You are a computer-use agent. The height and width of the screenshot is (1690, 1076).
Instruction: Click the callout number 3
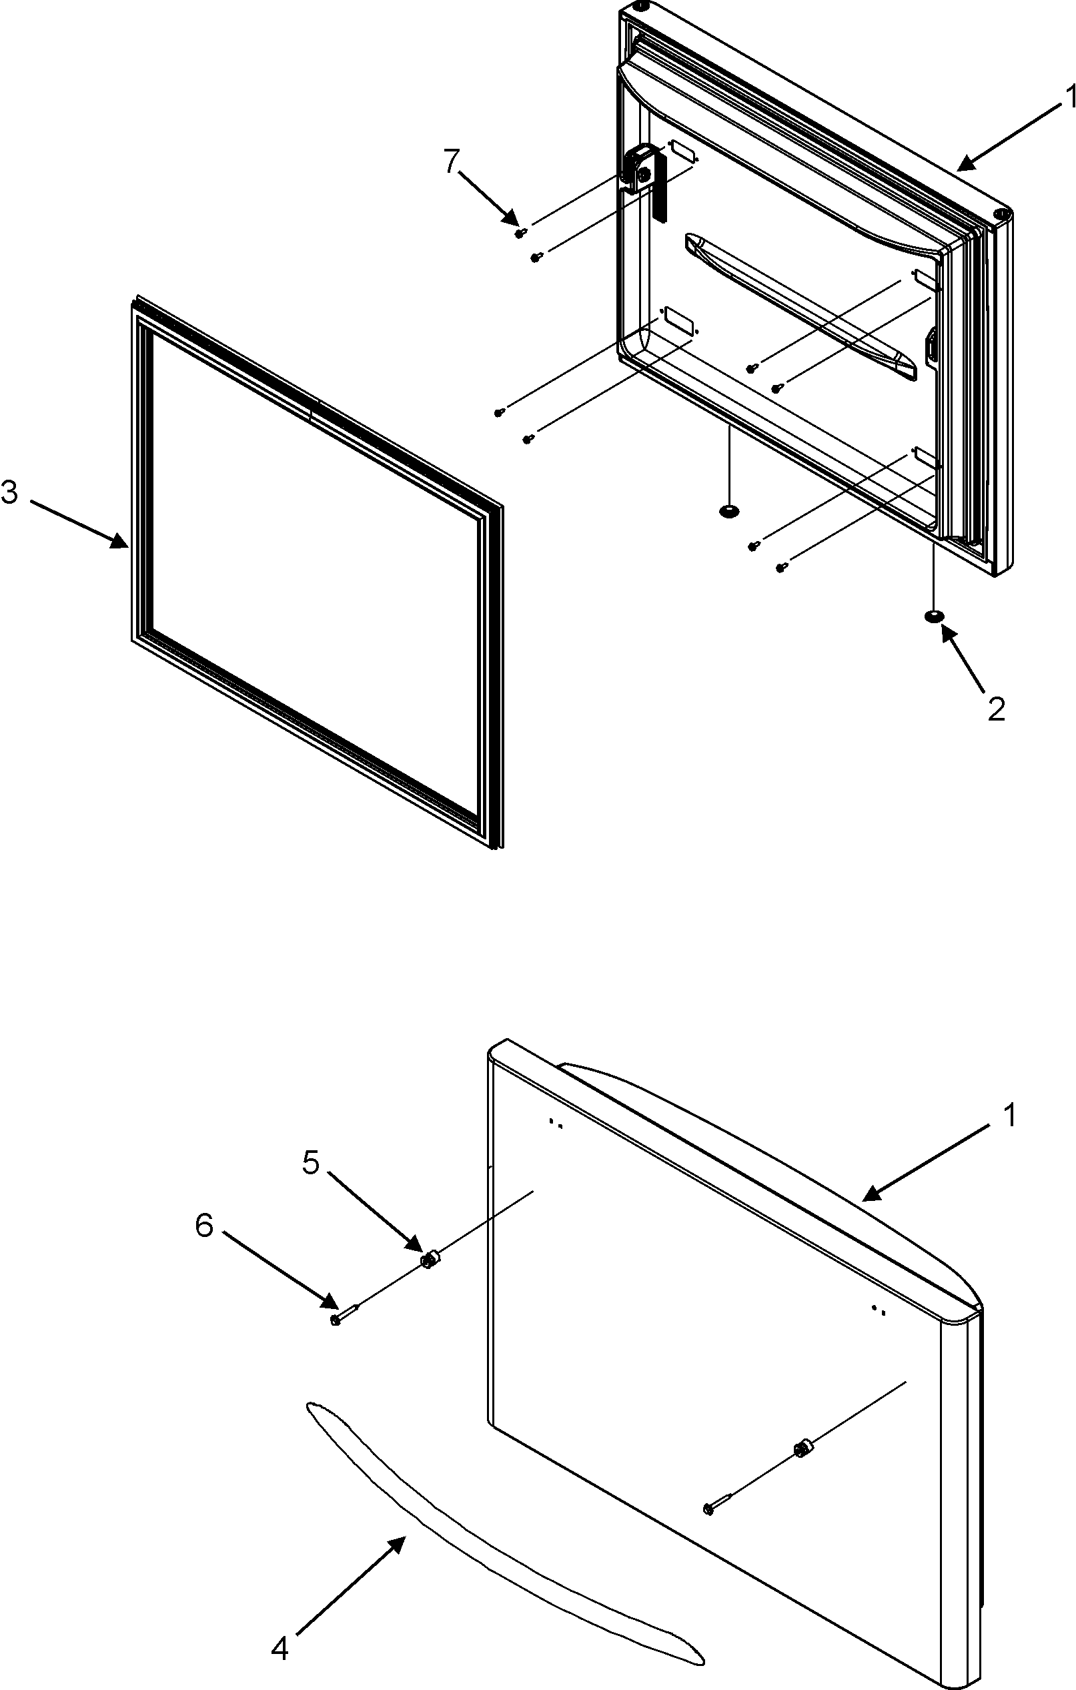click(10, 493)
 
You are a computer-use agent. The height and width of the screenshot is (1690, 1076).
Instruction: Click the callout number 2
click(996, 709)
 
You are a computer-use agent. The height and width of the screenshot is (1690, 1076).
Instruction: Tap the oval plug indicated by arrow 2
click(933, 616)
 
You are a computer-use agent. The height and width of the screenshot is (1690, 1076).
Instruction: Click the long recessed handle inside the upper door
click(800, 306)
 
